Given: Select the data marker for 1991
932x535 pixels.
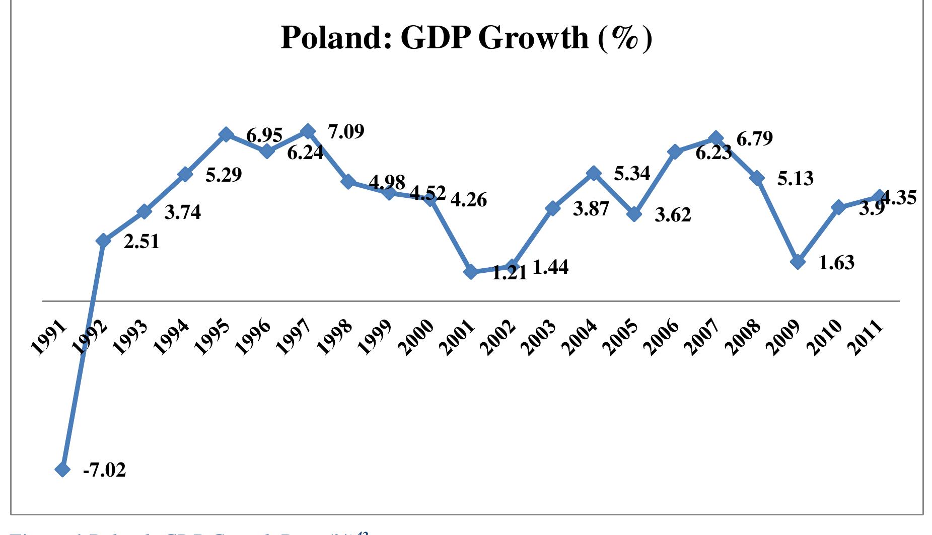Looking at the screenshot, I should tap(62, 469).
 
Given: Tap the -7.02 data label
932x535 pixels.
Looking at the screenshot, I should tap(104, 470).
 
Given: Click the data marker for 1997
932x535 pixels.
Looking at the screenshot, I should tap(308, 132).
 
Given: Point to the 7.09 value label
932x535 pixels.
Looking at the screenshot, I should tap(346, 132).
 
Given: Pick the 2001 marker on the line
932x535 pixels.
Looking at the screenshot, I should tap(471, 272).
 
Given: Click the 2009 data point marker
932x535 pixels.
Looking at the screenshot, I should tap(798, 262).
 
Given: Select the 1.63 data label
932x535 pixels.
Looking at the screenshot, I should tap(836, 263).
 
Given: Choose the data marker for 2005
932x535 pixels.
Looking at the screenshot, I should tap(634, 214).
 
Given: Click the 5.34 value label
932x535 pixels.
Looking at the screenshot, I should tap(632, 174).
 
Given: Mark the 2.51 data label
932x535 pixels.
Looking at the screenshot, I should tap(141, 242).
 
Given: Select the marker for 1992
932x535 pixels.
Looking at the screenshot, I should tap(103, 241).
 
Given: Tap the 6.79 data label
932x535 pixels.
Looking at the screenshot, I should tap(754, 138).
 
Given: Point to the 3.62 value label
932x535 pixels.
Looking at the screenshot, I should tap(673, 215).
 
